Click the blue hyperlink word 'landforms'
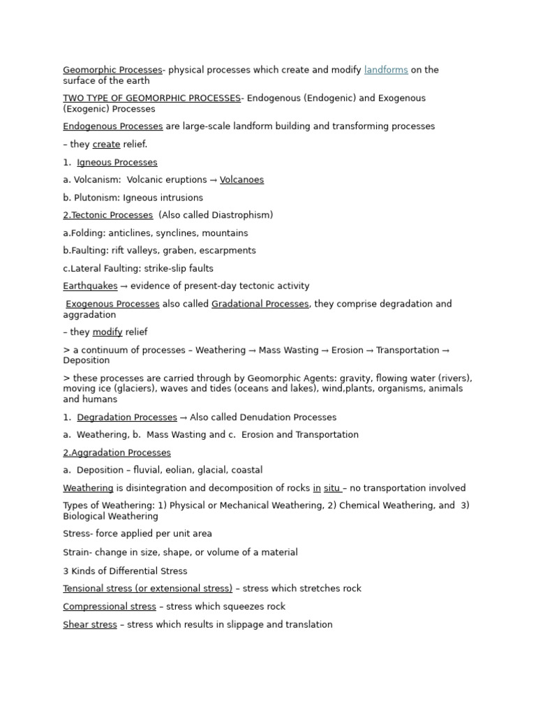click(x=386, y=70)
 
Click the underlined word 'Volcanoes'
click(x=241, y=180)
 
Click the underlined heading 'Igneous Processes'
click(x=117, y=163)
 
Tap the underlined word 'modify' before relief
click(x=107, y=332)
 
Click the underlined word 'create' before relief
click(x=106, y=145)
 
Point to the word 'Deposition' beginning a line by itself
click(x=87, y=361)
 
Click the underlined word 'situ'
click(x=332, y=489)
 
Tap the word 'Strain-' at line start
click(x=78, y=552)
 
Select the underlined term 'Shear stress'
click(x=90, y=625)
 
